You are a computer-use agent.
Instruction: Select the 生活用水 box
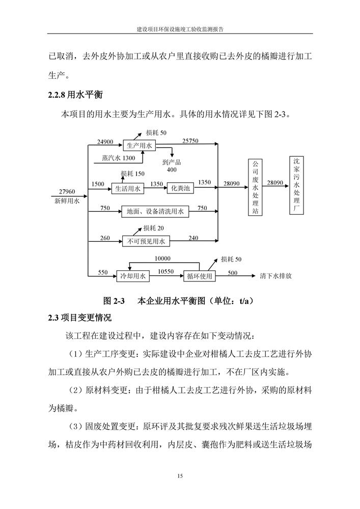coord(127,189)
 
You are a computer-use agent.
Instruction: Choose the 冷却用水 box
coord(131,277)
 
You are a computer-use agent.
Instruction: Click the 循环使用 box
coord(199,277)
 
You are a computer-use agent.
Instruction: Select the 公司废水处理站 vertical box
coord(255,188)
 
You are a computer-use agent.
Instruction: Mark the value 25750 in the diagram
coord(190,141)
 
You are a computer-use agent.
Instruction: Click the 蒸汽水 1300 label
coord(118,158)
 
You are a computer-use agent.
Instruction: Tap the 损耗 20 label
coord(153,228)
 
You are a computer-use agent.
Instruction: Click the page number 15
coord(180,476)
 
